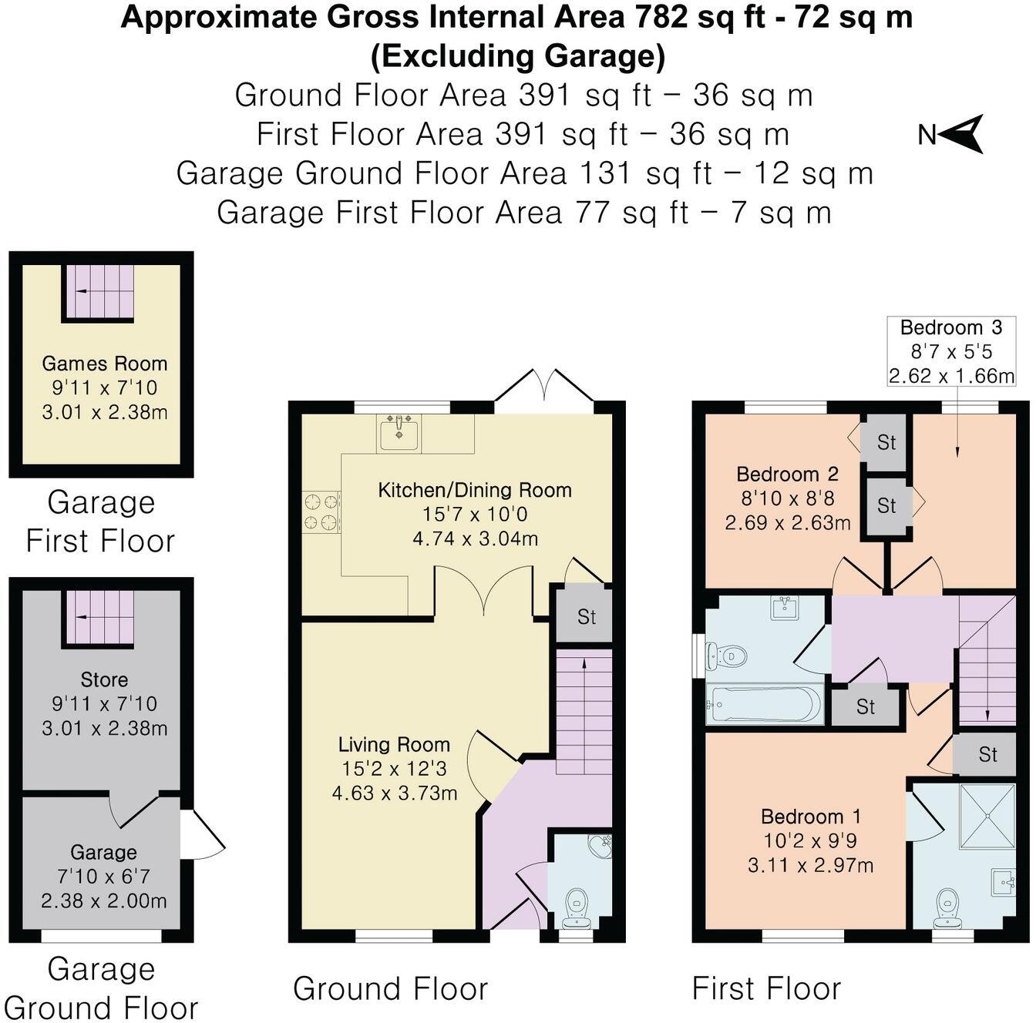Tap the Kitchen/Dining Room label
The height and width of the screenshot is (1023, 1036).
(474, 490)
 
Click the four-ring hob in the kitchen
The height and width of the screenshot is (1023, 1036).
(321, 512)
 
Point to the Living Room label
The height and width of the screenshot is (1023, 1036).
(394, 744)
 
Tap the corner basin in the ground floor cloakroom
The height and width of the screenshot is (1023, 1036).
(599, 846)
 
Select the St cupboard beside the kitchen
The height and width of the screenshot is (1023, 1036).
(586, 616)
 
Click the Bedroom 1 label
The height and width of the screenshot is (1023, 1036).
(810, 817)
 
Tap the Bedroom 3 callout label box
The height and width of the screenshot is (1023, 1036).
(951, 351)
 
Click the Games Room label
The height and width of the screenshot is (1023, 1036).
(104, 364)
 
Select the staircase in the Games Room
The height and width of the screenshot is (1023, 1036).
(98, 292)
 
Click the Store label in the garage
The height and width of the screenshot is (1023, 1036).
(104, 679)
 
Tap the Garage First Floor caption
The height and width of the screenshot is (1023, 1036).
(101, 522)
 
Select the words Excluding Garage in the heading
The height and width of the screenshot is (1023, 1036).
(517, 56)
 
